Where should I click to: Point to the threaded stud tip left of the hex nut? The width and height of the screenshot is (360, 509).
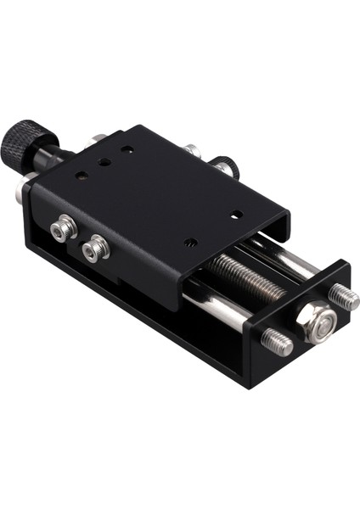click(276, 342)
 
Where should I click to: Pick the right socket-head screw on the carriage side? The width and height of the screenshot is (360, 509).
click(96, 248)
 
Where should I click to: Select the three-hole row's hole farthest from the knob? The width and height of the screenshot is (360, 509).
click(127, 149)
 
